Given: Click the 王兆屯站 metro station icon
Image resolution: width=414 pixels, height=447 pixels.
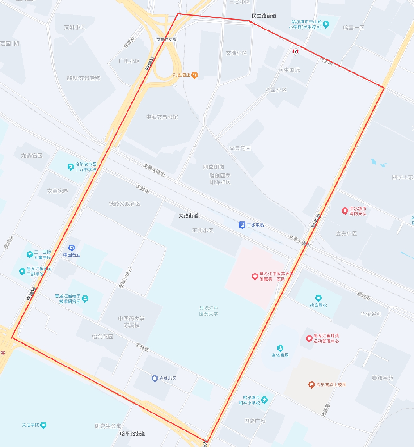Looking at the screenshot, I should (242, 224).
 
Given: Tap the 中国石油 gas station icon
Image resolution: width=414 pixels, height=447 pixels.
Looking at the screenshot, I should (72, 248).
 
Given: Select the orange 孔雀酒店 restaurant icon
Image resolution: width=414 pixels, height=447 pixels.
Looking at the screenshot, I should (194, 75).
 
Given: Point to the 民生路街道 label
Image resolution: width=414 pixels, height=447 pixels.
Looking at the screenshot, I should (264, 16).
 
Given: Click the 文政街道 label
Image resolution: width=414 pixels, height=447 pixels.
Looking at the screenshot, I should (188, 215).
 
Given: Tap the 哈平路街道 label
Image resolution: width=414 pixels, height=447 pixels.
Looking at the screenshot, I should (133, 434).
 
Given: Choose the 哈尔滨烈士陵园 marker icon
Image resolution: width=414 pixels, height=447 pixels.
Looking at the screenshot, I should (312, 384).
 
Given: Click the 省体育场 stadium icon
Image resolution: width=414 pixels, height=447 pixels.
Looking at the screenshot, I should (280, 348).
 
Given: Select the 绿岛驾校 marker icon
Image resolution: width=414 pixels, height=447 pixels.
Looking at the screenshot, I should (318, 298).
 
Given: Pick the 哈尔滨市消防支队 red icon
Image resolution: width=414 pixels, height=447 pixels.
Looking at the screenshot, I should (345, 211).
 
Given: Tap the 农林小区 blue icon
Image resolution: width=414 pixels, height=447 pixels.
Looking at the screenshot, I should (154, 378).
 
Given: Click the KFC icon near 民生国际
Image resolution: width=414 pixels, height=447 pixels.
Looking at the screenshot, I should (296, 51).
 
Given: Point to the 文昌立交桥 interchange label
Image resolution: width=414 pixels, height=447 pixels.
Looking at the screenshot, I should (166, 39).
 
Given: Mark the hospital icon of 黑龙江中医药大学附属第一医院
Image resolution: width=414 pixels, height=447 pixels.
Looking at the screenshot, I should (254, 276).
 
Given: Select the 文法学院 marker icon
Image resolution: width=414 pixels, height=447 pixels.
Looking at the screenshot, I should (43, 425).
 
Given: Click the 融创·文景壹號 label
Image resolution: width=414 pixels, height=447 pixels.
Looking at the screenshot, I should (84, 78).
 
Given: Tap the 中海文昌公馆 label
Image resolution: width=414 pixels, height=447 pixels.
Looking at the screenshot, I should (162, 117).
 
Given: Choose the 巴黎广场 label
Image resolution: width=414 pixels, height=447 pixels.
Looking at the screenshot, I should (254, 421).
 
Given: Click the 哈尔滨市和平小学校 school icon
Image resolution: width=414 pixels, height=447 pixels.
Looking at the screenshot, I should (265, 399).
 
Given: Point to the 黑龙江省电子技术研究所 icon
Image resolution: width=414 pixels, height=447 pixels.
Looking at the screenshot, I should (85, 298).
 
